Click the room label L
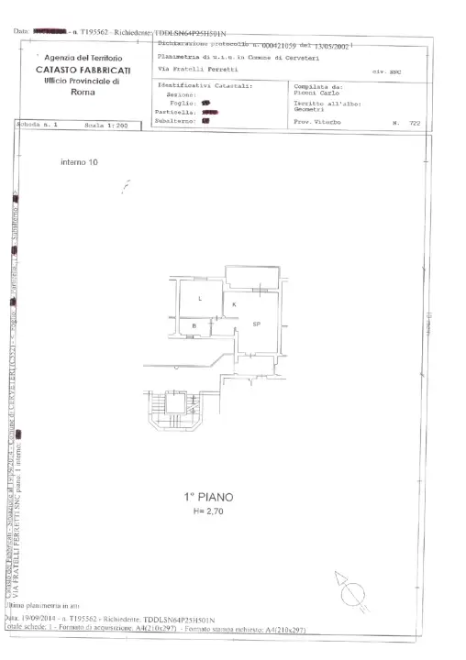tap(200, 299)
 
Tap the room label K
tap(234, 303)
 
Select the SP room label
tap(257, 324)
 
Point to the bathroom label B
tap(194, 325)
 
